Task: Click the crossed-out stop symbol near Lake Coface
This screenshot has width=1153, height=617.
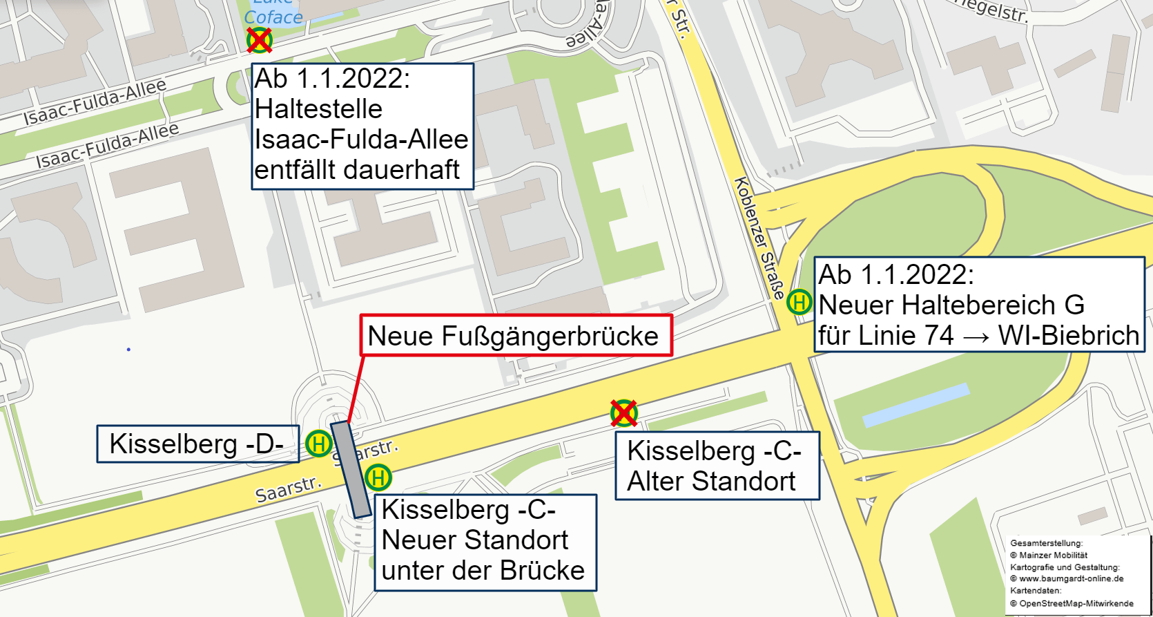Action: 260,40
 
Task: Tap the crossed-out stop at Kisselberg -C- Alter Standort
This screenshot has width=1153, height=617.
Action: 624,413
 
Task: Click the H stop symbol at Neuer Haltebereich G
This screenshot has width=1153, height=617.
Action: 800,302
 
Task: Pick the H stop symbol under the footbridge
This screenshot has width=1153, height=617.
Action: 378,477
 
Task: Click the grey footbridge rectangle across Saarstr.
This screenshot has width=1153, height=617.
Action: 351,469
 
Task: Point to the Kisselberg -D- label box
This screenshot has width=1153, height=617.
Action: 197,444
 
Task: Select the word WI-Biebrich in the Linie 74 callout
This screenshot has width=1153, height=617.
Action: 1068,336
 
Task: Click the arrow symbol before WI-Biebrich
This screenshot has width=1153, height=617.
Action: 976,337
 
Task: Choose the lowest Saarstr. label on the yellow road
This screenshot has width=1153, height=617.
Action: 289,489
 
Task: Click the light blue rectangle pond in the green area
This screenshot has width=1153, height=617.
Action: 915,405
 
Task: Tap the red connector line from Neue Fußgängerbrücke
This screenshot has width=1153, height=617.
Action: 356,388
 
